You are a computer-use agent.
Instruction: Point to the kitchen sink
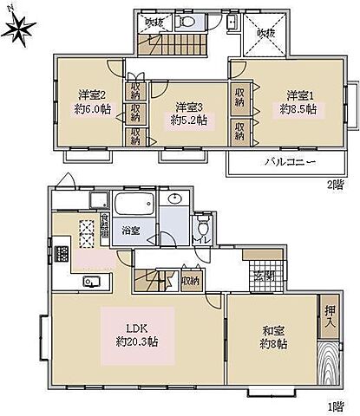(x=90, y=282)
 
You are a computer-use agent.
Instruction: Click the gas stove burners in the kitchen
(x=62, y=254)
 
